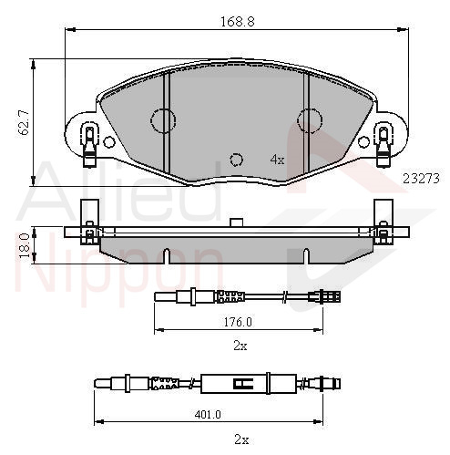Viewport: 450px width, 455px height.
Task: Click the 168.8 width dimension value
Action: [237, 22]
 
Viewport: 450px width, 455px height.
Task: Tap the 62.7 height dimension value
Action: [24, 122]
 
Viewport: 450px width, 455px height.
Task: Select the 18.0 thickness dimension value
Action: [25, 245]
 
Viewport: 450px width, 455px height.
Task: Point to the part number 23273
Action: [421, 179]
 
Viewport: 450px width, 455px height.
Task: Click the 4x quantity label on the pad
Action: [277, 160]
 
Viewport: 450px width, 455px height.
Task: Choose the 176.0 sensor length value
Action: [238, 322]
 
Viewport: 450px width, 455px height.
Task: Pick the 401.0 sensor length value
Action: [208, 414]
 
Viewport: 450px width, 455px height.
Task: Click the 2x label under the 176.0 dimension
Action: [240, 346]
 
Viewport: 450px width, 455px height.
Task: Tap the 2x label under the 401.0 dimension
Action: [241, 439]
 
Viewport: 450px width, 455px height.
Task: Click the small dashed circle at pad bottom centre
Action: [236, 160]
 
